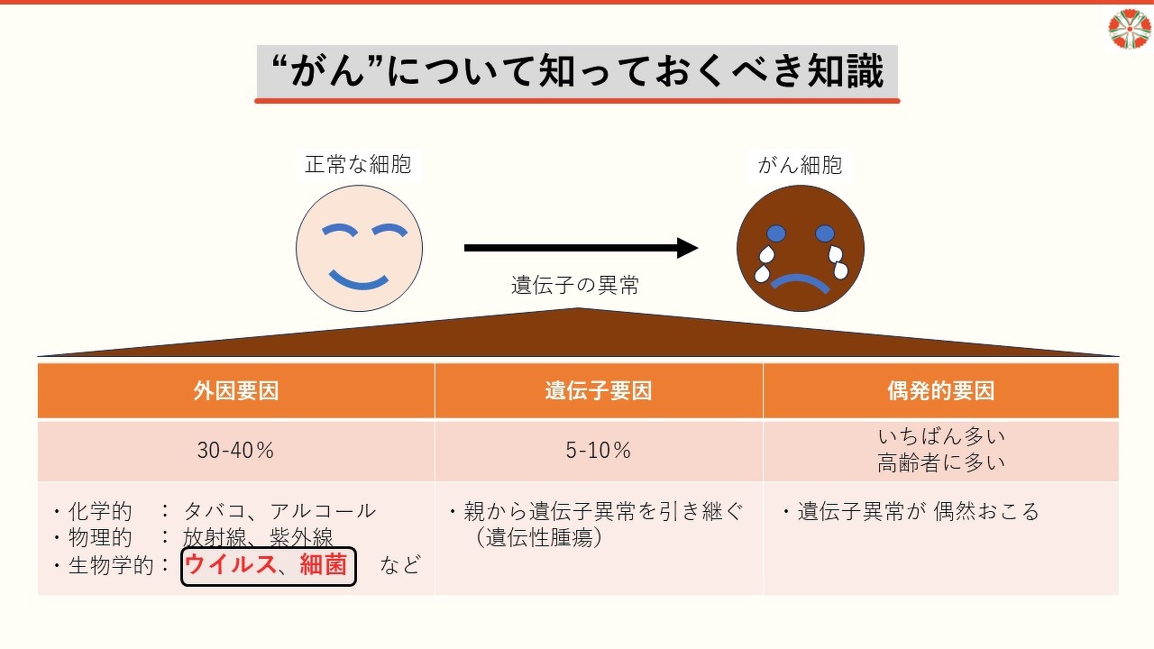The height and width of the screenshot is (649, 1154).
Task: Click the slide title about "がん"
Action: (x=577, y=72)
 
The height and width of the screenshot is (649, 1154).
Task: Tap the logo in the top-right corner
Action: (x=1129, y=29)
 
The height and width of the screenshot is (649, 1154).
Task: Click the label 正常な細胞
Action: (x=358, y=164)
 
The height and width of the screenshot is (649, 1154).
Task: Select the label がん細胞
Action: (x=800, y=164)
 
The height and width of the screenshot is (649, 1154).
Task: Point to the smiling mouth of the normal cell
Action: (x=359, y=279)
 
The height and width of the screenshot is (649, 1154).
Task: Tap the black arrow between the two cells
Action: (x=581, y=249)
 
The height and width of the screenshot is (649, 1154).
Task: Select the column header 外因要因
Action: (x=236, y=391)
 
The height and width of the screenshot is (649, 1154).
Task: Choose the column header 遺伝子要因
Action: (x=599, y=391)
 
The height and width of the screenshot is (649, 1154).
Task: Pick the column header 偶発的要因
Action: (x=940, y=391)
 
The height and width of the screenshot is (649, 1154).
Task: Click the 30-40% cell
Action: (x=236, y=451)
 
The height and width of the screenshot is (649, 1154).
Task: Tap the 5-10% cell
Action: (x=599, y=451)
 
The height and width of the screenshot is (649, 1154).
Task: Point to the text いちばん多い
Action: (x=940, y=437)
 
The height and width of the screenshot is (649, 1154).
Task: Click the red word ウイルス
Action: (x=230, y=566)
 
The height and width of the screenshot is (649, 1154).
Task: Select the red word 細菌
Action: (x=324, y=566)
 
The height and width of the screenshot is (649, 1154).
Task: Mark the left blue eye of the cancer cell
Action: (x=776, y=233)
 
